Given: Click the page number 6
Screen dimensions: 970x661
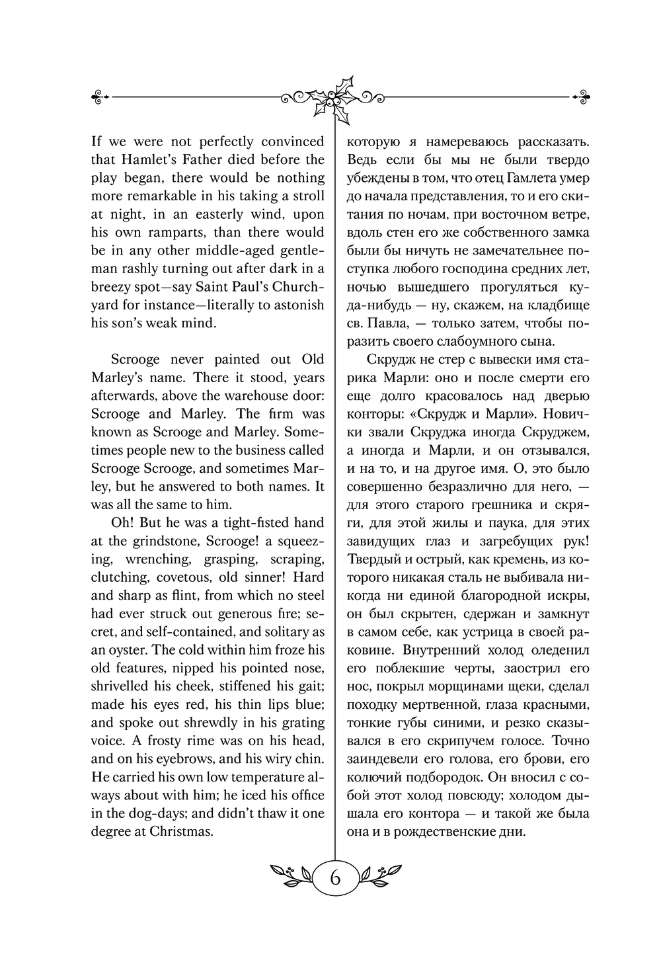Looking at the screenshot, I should click(334, 878).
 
